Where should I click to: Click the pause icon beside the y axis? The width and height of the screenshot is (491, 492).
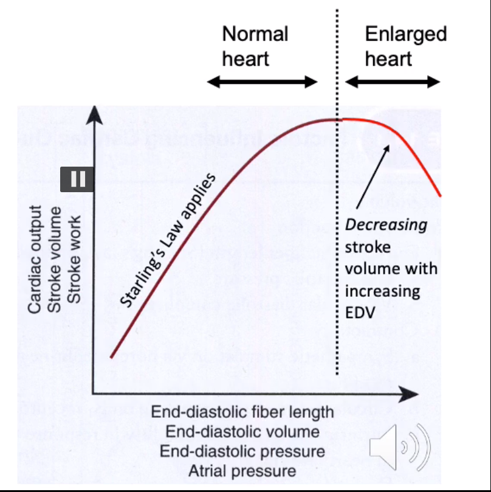77,179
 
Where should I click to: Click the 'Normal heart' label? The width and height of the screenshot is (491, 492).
255,46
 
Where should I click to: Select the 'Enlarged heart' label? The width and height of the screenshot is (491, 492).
405,46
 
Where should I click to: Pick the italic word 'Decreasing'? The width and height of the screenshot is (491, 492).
386,224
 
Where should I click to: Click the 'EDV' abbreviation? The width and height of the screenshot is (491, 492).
359,313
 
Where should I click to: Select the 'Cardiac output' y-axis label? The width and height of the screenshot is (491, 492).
35,258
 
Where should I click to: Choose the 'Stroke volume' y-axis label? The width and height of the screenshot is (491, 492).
55,258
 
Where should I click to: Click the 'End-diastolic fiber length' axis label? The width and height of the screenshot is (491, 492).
242,412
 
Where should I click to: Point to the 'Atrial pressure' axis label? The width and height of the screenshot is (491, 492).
242,471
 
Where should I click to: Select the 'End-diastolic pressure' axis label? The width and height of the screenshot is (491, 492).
242,451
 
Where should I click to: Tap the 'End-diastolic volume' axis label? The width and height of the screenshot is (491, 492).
242,432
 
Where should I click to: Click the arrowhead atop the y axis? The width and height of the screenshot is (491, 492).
94,114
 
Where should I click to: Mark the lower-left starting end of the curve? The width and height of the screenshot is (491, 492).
111,356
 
